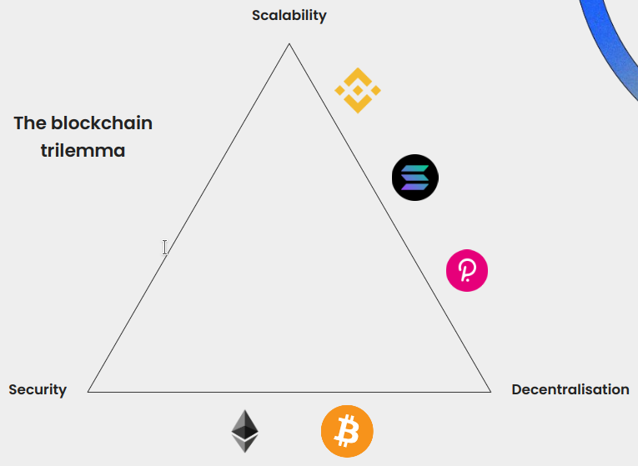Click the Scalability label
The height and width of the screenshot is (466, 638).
pos(289,15)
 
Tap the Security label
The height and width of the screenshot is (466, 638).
pos(38,389)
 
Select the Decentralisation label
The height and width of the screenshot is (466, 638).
pos(570,389)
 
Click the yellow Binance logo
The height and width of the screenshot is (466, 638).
pos(358,90)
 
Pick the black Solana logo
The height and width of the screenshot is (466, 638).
pos(415,178)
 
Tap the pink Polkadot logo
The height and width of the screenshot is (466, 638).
pos(467,271)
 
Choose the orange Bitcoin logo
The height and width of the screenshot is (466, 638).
pos(347,431)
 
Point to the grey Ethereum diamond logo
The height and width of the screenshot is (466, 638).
pos(244,431)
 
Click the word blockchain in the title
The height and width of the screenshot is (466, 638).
pos(101,123)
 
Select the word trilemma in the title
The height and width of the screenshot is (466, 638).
pos(83,151)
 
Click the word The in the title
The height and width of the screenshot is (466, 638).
pos(30,123)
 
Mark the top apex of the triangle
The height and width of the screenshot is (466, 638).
pos(289,44)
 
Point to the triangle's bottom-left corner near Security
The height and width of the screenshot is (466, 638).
pos(88,391)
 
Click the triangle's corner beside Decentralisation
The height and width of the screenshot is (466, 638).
pos(490,391)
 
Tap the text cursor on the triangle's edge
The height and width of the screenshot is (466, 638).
pos(165,247)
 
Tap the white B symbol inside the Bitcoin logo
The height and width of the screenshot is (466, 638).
pos(347,432)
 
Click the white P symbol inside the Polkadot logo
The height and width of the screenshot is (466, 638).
pos(467,272)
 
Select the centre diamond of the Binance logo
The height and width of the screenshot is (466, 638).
pos(358,90)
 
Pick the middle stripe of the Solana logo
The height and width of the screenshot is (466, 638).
pos(415,178)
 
